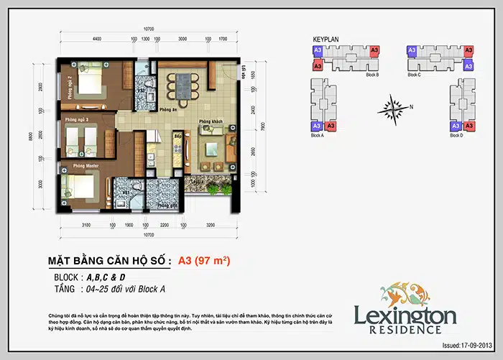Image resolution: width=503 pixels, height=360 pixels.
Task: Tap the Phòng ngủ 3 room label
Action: click(x=76, y=119)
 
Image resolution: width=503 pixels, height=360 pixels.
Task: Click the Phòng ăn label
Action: click(x=168, y=110)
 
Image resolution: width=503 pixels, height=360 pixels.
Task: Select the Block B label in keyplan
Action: click(x=372, y=75)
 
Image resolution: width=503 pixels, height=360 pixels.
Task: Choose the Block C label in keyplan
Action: click(x=414, y=75)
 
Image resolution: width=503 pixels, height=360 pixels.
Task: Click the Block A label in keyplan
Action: click(x=317, y=135)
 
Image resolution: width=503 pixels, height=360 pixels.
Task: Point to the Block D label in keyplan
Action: click(x=456, y=135)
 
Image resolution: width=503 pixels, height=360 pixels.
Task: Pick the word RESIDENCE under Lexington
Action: click(x=405, y=330)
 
